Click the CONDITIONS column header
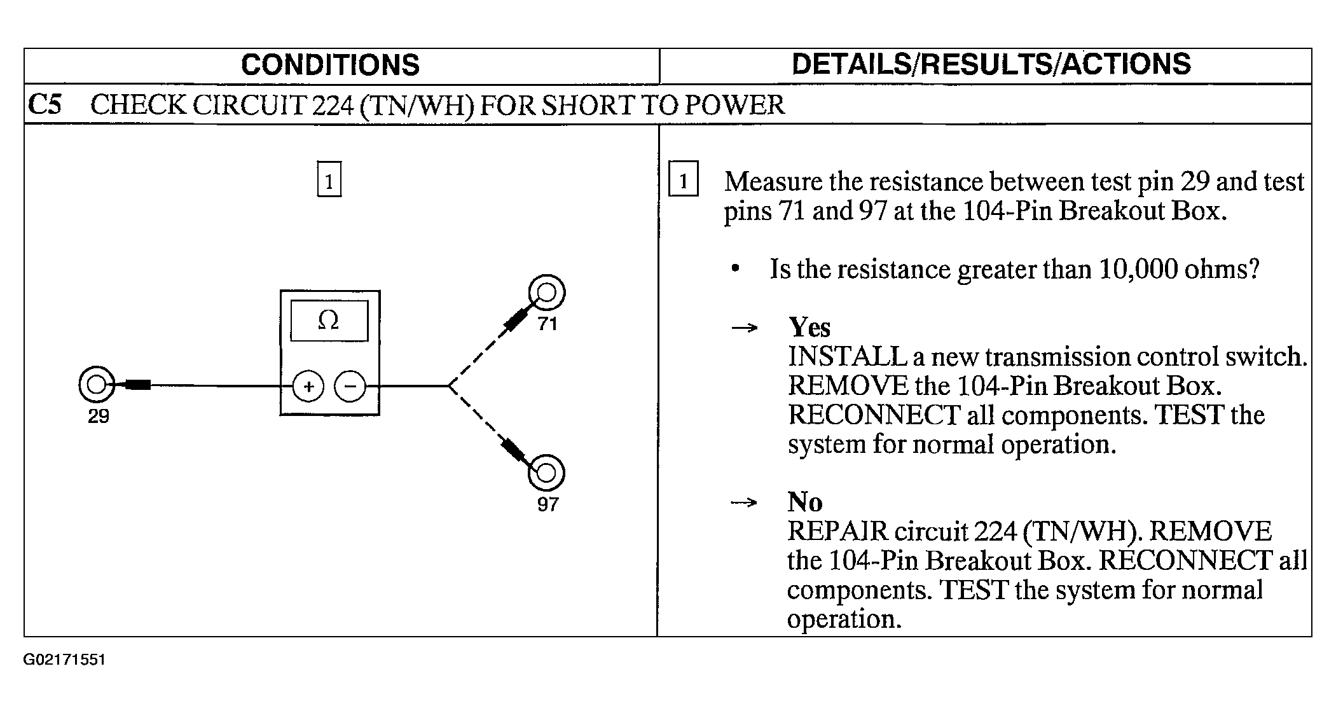(x=330, y=65)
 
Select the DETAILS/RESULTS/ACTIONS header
(x=991, y=64)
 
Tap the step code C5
(x=45, y=105)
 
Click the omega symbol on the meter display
(x=328, y=320)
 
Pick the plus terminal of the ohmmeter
(x=308, y=386)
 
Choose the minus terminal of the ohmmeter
(x=350, y=386)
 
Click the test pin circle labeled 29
(x=97, y=385)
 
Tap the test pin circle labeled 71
(x=546, y=293)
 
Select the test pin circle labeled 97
(x=546, y=473)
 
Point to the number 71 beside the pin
(x=547, y=324)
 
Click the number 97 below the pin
(x=547, y=505)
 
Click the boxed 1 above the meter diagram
(x=329, y=180)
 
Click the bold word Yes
(x=809, y=328)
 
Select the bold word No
(x=805, y=502)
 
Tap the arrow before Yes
(x=745, y=328)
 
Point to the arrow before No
(x=745, y=503)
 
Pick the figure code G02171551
(x=64, y=660)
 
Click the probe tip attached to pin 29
(x=139, y=384)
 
